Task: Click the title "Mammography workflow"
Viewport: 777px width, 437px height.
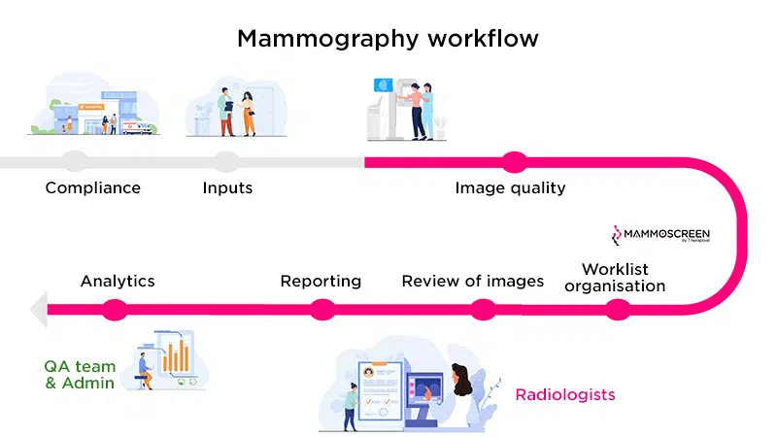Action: point(388,40)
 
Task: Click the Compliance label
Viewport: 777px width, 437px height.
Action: point(93,187)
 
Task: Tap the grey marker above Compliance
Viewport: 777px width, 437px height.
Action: point(74,162)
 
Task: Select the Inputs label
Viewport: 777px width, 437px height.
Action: point(227,187)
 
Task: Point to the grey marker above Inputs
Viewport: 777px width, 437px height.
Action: point(226,162)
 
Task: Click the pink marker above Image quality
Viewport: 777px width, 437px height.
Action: point(511,162)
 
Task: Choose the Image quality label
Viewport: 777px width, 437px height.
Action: point(510,187)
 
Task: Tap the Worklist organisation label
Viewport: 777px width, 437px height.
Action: point(615,277)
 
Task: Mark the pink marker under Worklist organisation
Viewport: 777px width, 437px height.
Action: point(618,310)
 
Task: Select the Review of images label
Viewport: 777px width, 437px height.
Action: point(473,282)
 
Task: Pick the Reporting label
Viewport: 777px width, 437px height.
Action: point(321,282)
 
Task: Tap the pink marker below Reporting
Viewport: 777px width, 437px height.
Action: point(322,310)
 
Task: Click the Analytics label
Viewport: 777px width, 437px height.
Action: point(118,282)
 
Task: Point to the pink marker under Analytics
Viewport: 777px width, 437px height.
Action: point(115,310)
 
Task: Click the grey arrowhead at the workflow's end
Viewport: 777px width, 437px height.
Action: point(38,310)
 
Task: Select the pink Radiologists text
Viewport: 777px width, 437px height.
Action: point(565,395)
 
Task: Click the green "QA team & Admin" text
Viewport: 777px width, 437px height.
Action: point(80,375)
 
